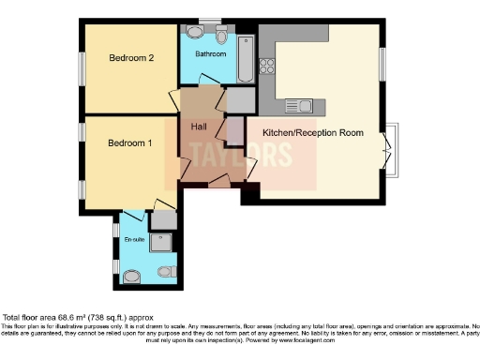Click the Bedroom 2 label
pos(130,59)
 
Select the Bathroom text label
pos(210,54)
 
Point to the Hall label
pos(199,126)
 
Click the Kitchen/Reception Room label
pos(312,133)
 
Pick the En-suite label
pos(135,241)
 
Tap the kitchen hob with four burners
pos(266,67)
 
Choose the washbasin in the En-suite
pos(129,276)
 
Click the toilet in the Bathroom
pos(222,34)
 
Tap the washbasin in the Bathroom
pos(194,32)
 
